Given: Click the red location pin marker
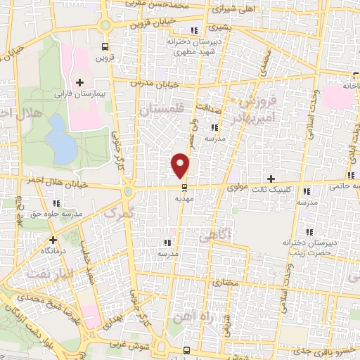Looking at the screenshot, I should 181,165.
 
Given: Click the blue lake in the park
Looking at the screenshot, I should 62,144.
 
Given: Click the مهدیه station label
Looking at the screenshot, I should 185,199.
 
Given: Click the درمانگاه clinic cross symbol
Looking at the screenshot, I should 52,240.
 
